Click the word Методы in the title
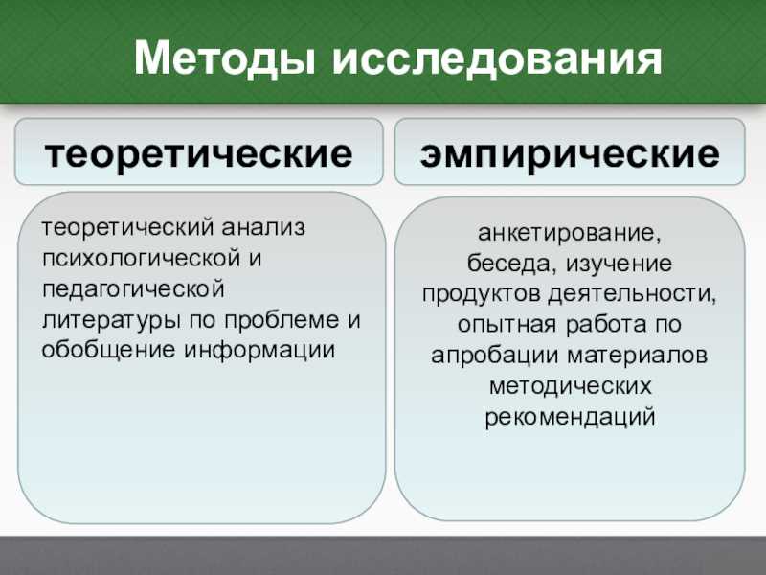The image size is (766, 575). click(x=225, y=59)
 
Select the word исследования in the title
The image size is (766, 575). click(x=497, y=59)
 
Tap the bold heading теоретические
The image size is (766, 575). click(x=198, y=153)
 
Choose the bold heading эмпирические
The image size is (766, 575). click(x=570, y=153)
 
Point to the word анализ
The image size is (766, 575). click(x=263, y=227)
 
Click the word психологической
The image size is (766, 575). click(x=141, y=259)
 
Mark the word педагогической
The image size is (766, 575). click(x=133, y=289)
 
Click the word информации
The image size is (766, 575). click(x=259, y=351)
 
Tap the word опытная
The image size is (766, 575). click(x=507, y=325)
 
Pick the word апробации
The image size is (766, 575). click(x=495, y=356)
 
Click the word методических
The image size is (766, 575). click(x=570, y=386)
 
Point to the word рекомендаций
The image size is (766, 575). click(x=570, y=417)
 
